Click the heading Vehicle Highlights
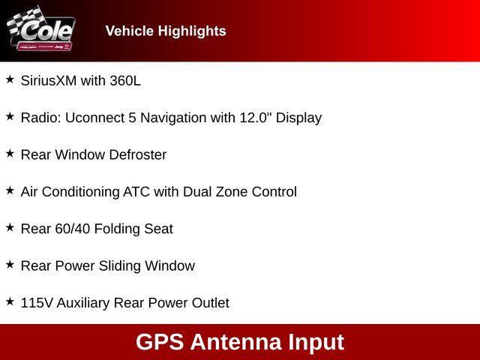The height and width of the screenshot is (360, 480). (166, 31)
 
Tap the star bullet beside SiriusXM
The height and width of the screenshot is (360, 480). (10, 79)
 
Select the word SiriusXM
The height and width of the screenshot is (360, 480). (49, 81)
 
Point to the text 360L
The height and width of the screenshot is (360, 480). (125, 81)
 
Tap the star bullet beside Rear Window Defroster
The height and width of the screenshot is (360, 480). (10, 153)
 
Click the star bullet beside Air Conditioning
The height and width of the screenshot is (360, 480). (10, 190)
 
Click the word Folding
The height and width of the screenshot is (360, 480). (120, 229)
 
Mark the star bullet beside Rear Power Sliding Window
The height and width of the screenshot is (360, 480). (10, 264)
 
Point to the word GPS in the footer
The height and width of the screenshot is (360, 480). (160, 342)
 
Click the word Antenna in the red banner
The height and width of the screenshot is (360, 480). (236, 342)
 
